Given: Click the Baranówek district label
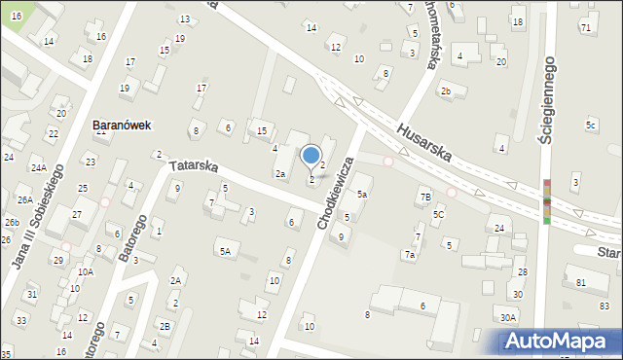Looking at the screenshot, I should pyautogui.click(x=121, y=126).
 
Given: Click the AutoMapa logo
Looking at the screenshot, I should pyautogui.click(x=561, y=341).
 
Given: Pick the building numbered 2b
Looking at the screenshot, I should pyautogui.click(x=445, y=91).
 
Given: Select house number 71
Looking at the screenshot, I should pyautogui.click(x=585, y=27).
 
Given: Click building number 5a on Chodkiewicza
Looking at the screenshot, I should pyautogui.click(x=361, y=194).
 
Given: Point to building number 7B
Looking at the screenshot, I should pyautogui.click(x=425, y=198).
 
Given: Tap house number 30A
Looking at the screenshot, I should pyautogui.click(x=508, y=317).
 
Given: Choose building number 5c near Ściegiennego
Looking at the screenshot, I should pyautogui.click(x=591, y=125).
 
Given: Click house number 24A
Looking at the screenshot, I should pyautogui.click(x=38, y=167).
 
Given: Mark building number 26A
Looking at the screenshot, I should pyautogui.click(x=24, y=199).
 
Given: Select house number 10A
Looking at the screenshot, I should pyautogui.click(x=86, y=271).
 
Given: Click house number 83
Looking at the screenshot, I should pyautogui.click(x=604, y=306).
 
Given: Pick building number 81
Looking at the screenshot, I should pyautogui.click(x=580, y=282).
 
